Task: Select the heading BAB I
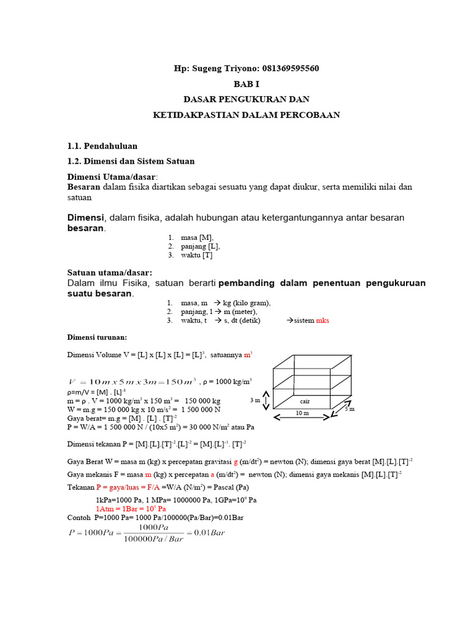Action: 247,83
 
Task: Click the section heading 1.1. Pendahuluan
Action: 102,146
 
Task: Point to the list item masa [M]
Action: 197,237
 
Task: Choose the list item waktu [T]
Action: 196,255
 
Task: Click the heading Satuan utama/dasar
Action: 109,272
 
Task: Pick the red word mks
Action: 323,320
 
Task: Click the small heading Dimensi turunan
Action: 96,337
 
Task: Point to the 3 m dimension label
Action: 255,400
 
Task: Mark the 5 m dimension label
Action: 350,408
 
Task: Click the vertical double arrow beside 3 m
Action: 265,400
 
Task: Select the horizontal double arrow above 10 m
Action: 302,417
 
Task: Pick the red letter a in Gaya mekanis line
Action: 212,474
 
